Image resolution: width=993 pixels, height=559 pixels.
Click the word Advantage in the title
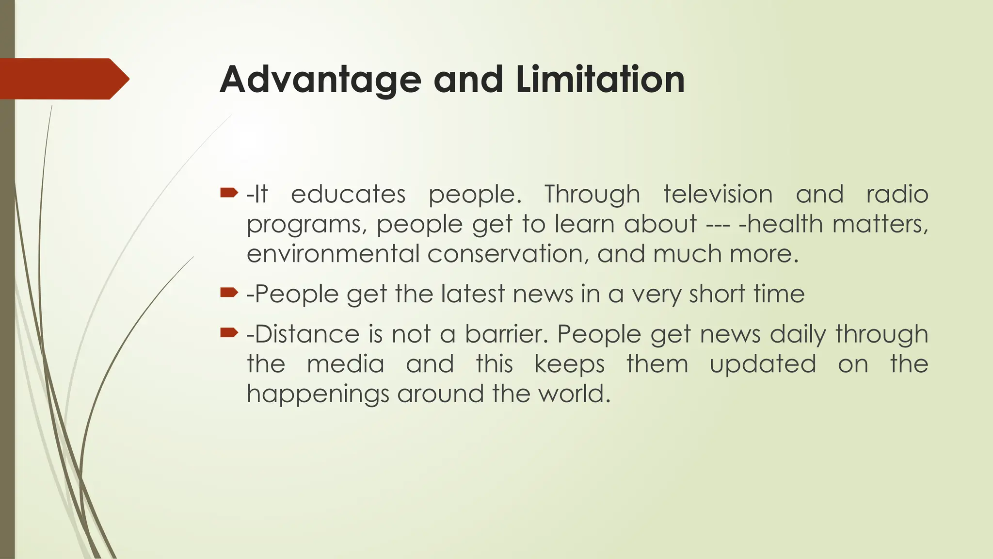pos(320,80)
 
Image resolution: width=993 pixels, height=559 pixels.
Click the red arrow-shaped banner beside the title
pos(63,79)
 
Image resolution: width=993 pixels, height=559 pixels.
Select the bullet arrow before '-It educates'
pos(229,193)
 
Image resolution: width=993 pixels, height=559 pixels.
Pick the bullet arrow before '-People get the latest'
pos(229,292)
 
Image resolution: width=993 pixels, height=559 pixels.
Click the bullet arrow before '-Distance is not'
pos(229,332)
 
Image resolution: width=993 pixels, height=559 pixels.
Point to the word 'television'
pos(718,194)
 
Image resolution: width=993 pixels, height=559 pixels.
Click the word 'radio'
pos(897,194)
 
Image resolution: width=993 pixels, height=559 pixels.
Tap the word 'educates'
pos(348,194)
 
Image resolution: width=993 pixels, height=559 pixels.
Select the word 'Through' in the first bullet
pos(592,195)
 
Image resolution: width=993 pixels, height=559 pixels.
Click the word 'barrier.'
pos(506,334)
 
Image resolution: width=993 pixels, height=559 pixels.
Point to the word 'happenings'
pos(318,394)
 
